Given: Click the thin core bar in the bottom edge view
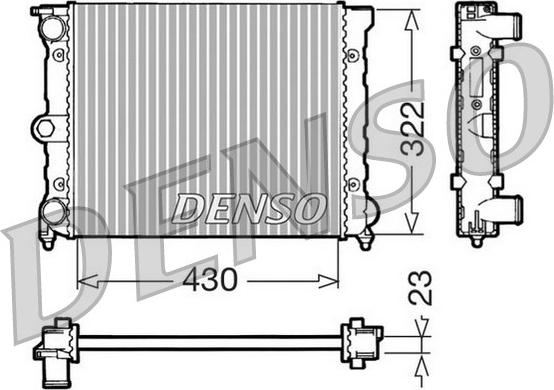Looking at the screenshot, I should tap(210, 342).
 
